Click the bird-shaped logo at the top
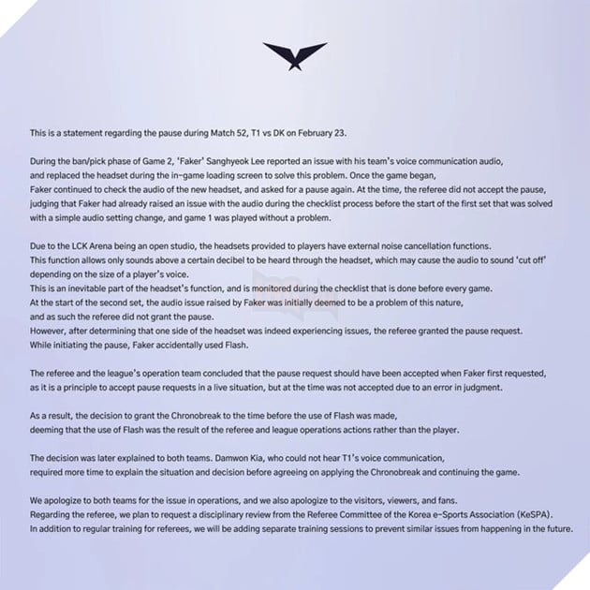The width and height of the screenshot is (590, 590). coord(295,56)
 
